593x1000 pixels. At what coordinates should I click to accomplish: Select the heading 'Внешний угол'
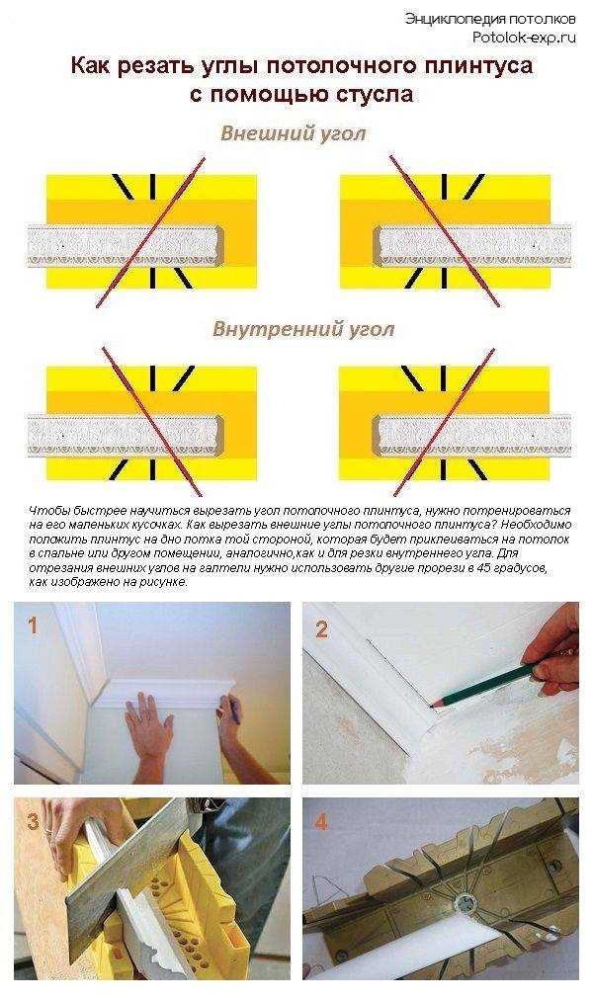[x=293, y=133]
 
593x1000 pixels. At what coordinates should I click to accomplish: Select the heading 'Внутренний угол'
[x=303, y=329]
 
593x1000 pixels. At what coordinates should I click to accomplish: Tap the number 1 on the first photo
[x=33, y=626]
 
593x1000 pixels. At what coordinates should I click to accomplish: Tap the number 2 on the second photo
[x=321, y=629]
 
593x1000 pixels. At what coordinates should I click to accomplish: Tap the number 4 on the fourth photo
[x=321, y=822]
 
